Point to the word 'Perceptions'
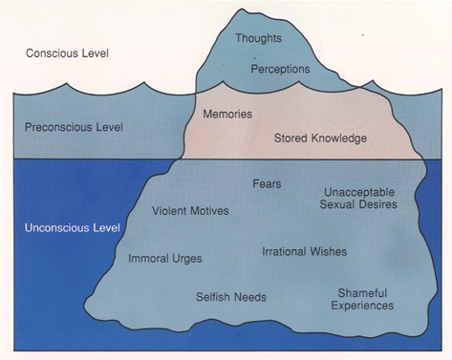pyautogui.click(x=281, y=70)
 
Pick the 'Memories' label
pyautogui.click(x=227, y=114)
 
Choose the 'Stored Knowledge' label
pyautogui.click(x=320, y=138)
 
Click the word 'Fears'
pyautogui.click(x=267, y=182)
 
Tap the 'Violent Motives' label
pyautogui.click(x=190, y=210)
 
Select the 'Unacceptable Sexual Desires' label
pyautogui.click(x=359, y=198)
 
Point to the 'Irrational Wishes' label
pyautogui.click(x=304, y=251)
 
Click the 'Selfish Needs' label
pyautogui.click(x=230, y=296)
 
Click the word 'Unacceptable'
pyautogui.click(x=359, y=191)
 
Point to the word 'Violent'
pyautogui.click(x=169, y=210)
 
